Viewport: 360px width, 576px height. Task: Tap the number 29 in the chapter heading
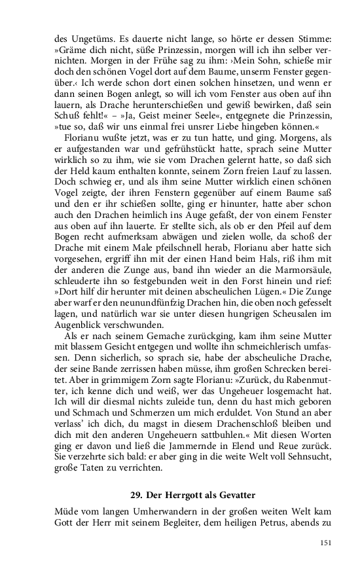[134, 494]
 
